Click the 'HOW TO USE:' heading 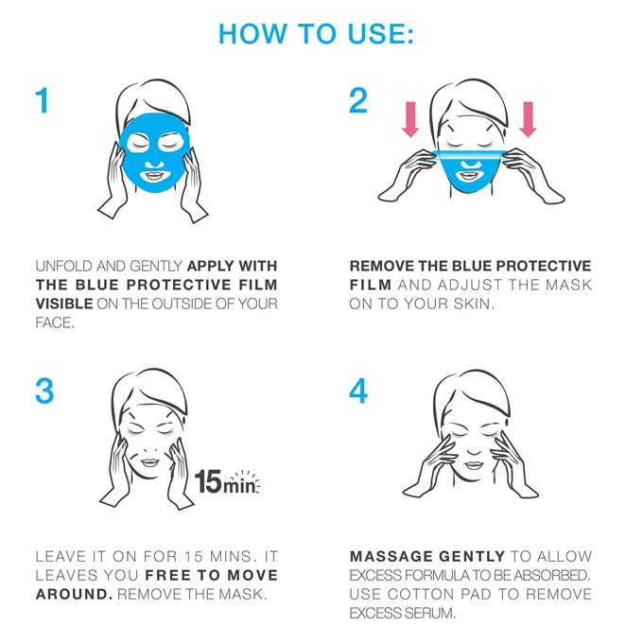click(x=316, y=34)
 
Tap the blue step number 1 click(x=43, y=100)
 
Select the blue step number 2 click(x=358, y=100)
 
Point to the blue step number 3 click(x=44, y=391)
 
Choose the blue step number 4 click(x=358, y=391)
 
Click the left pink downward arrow click(x=410, y=119)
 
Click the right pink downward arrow click(x=528, y=119)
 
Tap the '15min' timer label click(x=227, y=482)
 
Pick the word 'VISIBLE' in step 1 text click(x=64, y=304)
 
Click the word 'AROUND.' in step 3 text click(x=74, y=594)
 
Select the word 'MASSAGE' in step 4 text click(x=391, y=556)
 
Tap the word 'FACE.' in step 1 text click(x=55, y=323)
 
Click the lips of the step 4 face click(x=474, y=466)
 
